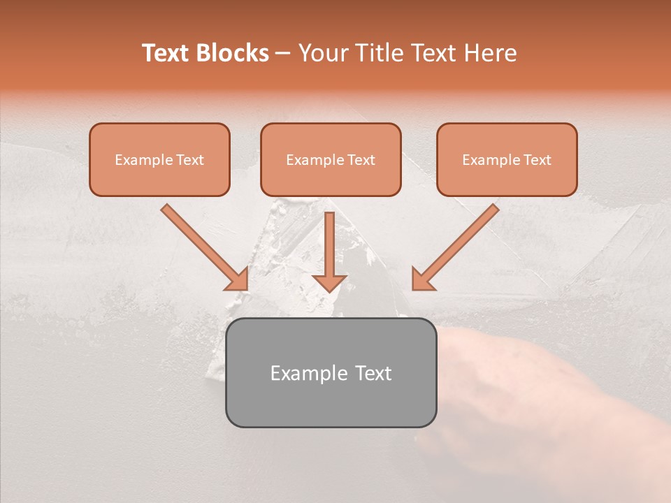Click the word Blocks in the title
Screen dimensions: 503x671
233,53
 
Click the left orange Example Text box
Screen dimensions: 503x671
159,159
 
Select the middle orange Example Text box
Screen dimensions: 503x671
331,159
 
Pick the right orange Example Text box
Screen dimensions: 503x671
507,159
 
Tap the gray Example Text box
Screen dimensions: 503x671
331,372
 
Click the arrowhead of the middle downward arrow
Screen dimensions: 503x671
329,282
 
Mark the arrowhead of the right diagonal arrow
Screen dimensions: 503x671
422,279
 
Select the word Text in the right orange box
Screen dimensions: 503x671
537,160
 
